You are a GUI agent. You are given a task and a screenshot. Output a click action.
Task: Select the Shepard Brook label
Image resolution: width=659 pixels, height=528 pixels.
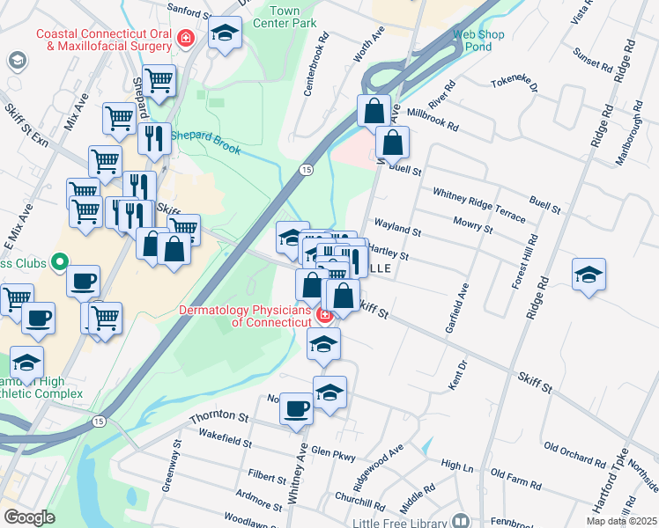click(x=205, y=142)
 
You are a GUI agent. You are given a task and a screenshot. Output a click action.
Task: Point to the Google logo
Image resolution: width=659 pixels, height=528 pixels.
click(x=29, y=517)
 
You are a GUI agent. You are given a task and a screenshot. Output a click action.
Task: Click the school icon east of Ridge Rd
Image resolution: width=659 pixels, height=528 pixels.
click(x=589, y=275)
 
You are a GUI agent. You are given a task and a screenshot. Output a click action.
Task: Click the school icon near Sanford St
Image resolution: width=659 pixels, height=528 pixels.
click(x=225, y=35)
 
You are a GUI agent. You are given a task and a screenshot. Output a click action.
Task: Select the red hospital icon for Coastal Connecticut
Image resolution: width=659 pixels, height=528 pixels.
click(x=185, y=38)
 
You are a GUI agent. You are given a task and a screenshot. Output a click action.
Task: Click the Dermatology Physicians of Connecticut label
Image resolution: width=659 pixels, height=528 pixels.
click(x=246, y=316)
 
